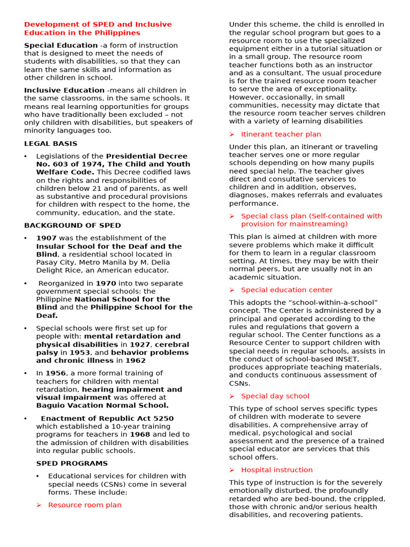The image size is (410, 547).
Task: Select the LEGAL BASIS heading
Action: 51,144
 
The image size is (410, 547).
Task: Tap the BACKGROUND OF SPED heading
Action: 73,225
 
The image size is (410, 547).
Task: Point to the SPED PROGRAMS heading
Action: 72,464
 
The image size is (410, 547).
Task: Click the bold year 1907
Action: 46,238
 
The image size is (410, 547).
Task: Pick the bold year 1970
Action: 105,283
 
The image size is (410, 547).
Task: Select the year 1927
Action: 139,345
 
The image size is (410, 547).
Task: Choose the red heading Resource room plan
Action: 84,505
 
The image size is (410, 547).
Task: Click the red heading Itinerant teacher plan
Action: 281,134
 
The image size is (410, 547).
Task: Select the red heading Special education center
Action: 287,290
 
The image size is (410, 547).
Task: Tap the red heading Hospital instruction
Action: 277,470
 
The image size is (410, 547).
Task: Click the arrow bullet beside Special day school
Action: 232,396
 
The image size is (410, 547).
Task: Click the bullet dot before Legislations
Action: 26,157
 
